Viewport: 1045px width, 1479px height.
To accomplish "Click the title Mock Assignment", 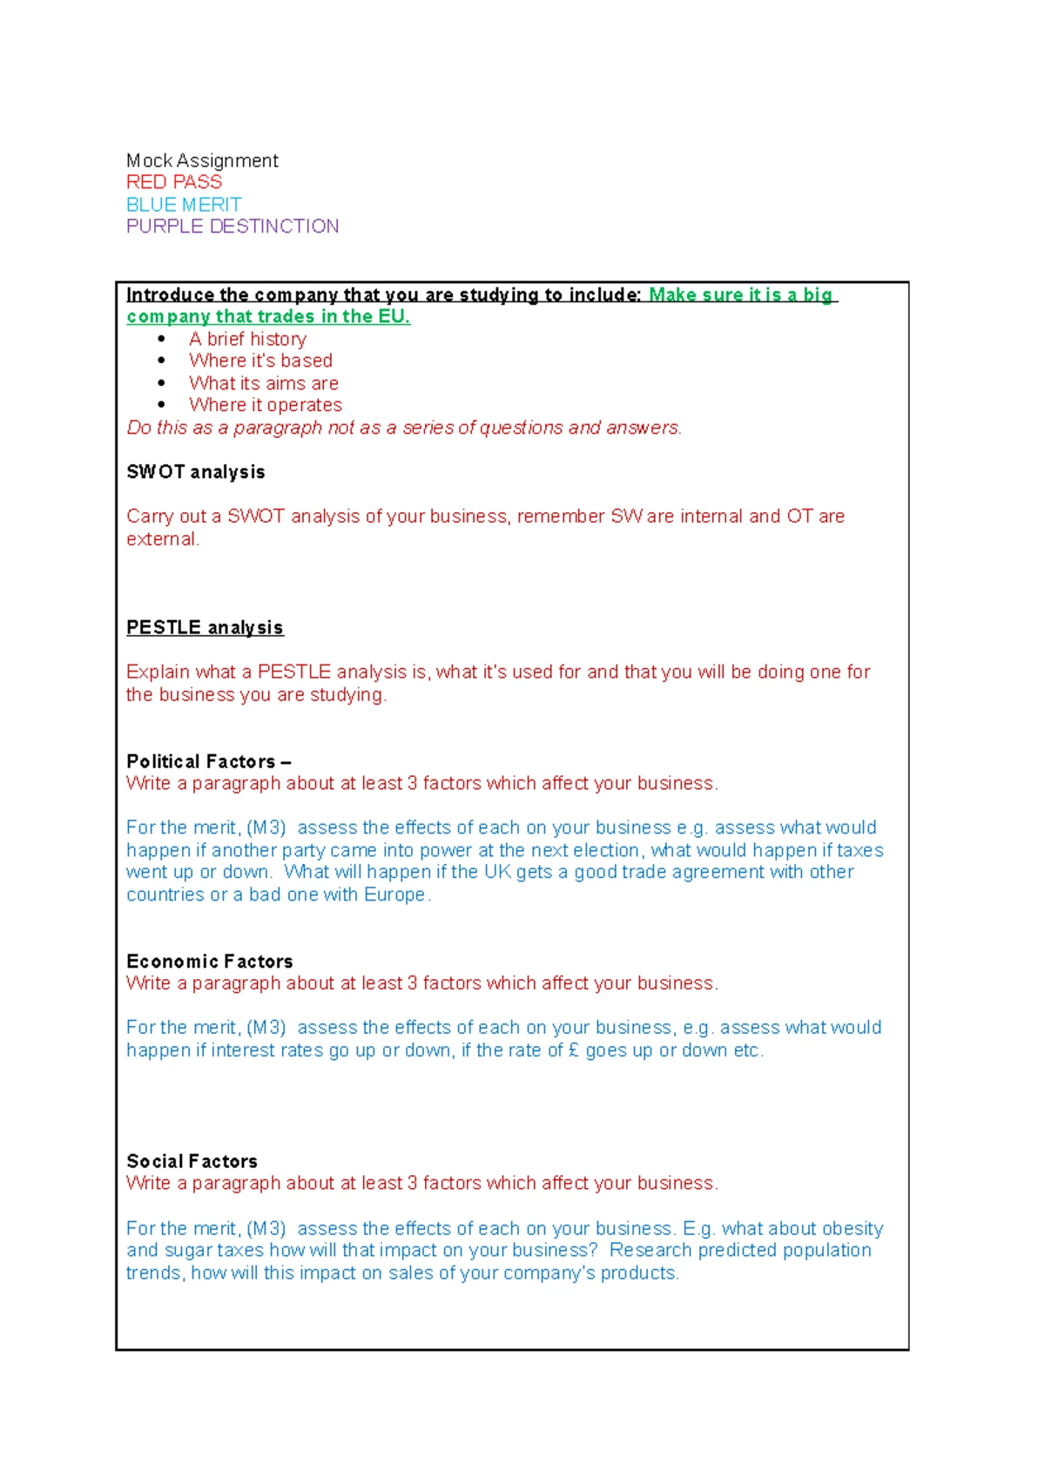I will (x=202, y=160).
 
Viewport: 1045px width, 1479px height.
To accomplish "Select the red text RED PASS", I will (x=174, y=182).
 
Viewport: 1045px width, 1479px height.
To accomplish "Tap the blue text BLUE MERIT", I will (x=184, y=205).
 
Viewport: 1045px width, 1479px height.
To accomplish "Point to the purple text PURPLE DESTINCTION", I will (x=233, y=226).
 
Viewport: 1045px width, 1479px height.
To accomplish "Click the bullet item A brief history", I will (x=247, y=339).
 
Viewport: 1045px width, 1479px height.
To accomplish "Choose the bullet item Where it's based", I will (x=260, y=361).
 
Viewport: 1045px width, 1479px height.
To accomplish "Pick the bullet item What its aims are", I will (x=263, y=383).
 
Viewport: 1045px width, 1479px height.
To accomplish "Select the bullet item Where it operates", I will (x=265, y=405).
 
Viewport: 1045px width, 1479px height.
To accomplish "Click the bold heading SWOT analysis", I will (x=196, y=472).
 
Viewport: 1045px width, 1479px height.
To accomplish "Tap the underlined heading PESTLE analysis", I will (x=205, y=628).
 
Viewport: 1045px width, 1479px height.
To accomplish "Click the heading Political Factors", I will (x=201, y=761).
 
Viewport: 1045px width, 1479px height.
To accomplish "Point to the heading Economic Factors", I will (x=210, y=962).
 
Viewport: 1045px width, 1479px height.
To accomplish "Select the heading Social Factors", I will (x=192, y=1161).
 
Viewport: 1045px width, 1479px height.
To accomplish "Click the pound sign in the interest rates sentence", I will (x=573, y=1050).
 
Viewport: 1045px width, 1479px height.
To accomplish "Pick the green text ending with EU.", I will (x=268, y=317).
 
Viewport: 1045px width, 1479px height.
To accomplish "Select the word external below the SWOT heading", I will (x=161, y=539).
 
